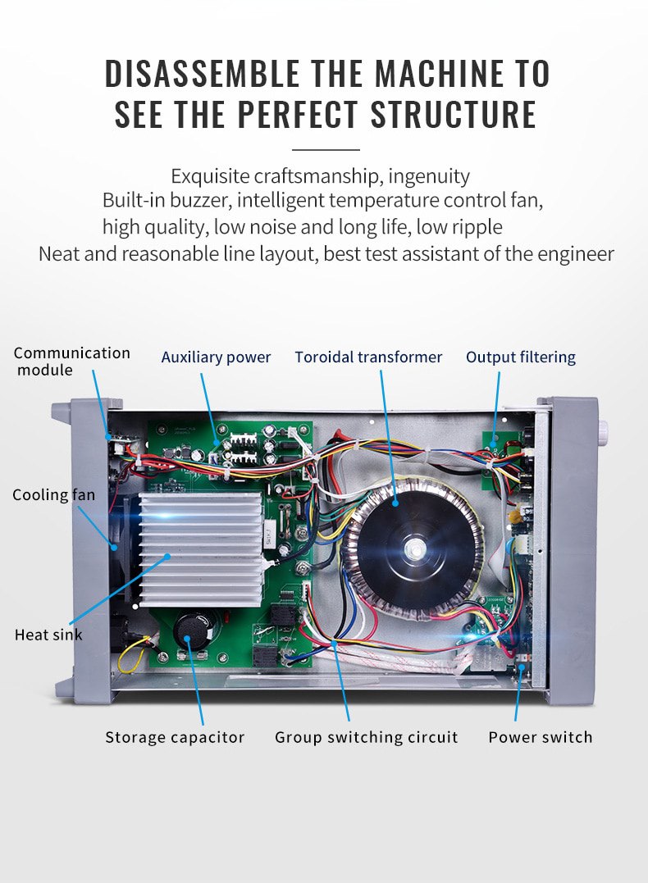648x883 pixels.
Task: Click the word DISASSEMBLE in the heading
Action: coord(203,73)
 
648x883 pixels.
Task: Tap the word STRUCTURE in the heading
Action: coord(453,114)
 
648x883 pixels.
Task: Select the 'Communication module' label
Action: coord(71,361)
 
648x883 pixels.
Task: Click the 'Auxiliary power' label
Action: coord(216,357)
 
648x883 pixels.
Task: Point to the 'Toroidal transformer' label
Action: coord(368,357)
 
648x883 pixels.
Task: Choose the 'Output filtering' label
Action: coord(521,357)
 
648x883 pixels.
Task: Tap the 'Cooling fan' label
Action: coord(53,494)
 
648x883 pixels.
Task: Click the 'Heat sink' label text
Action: coord(48,635)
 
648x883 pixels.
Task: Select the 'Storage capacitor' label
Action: coord(175,737)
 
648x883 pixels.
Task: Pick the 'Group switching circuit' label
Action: coord(367,737)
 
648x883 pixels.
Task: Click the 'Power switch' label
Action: coord(541,737)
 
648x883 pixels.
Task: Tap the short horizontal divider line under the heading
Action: coord(326,150)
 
